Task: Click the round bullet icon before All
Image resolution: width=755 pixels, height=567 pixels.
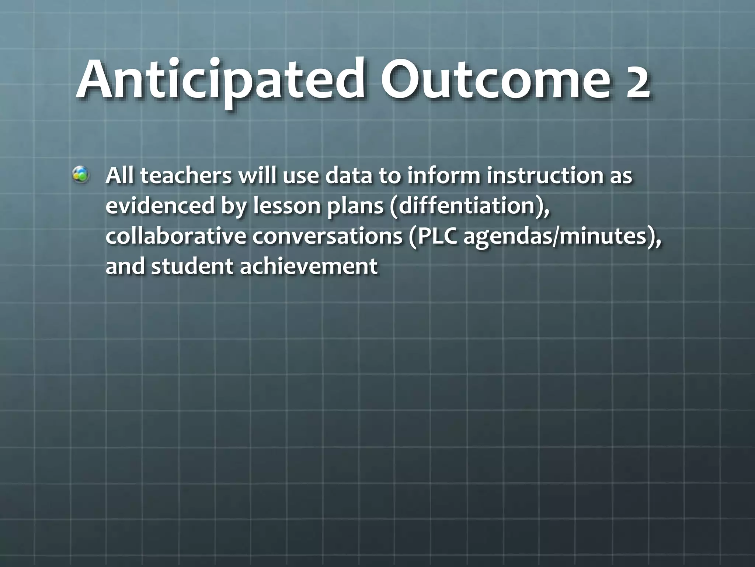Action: (x=80, y=175)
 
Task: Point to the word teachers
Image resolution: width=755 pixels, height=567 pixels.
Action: (x=186, y=176)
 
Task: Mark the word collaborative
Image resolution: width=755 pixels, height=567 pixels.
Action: (x=175, y=236)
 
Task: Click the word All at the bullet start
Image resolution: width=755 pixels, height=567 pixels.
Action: (x=119, y=176)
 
